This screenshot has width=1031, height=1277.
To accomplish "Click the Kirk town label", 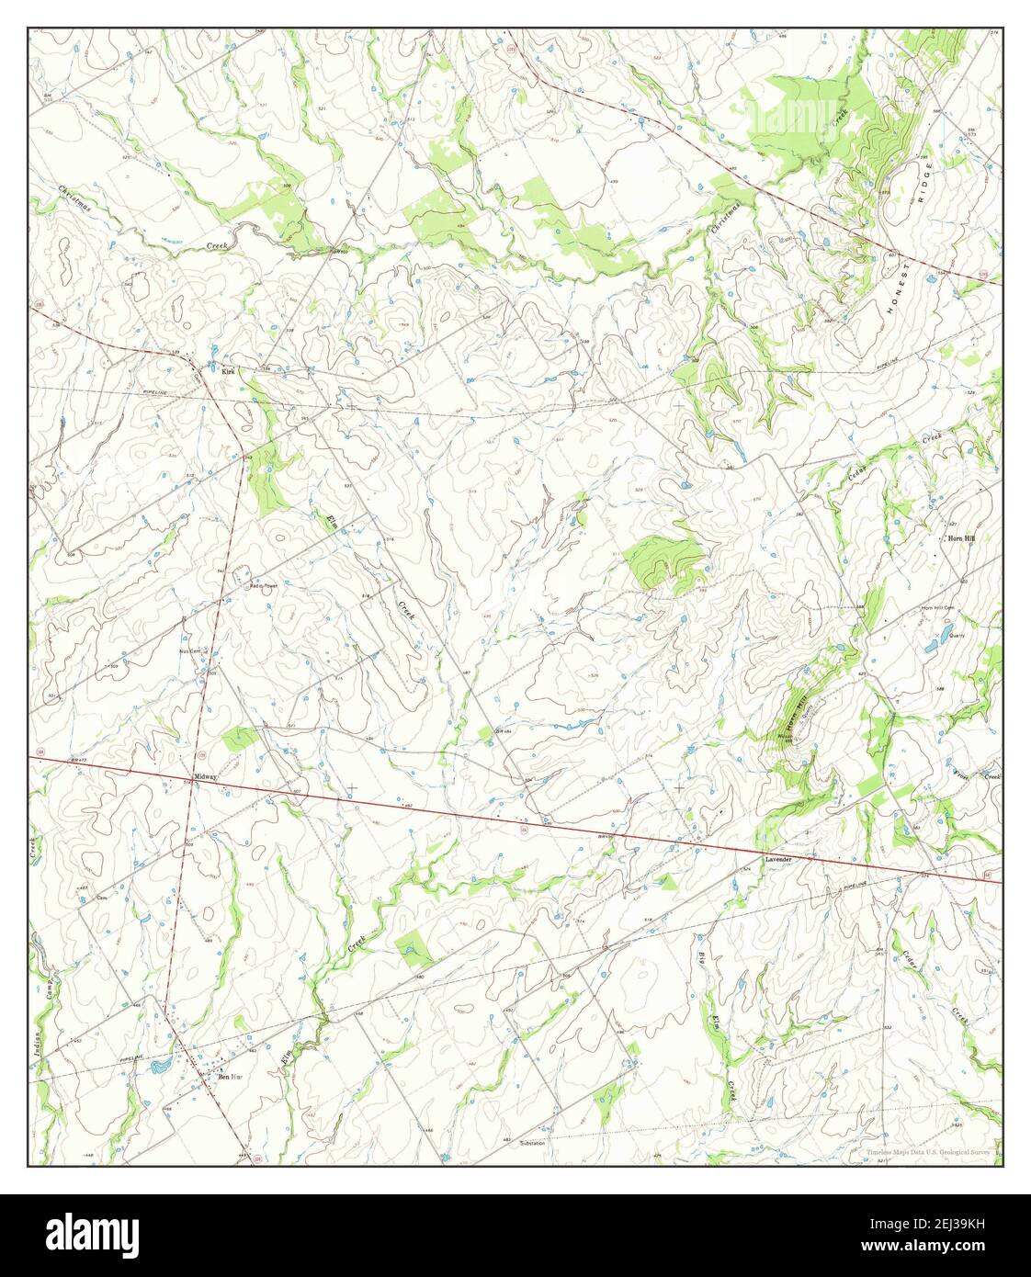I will click(230, 372).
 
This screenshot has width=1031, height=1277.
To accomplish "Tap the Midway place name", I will click(205, 776).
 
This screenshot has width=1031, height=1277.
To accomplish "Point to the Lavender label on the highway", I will click(777, 859).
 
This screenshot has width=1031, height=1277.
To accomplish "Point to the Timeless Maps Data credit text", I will click(927, 1152).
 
